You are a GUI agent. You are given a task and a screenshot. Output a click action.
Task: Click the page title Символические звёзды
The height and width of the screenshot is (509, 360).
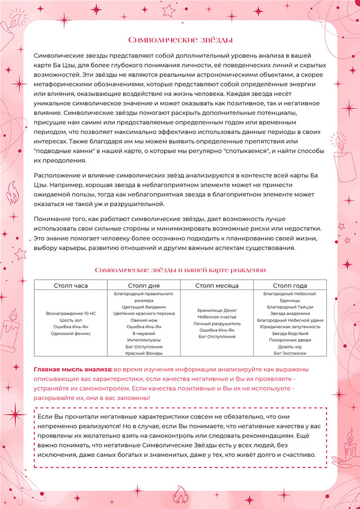(x=180, y=39)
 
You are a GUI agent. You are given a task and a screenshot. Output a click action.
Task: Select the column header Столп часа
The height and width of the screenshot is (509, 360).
(x=71, y=285)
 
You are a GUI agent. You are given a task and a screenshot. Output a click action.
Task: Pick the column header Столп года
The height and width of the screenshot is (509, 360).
(x=290, y=285)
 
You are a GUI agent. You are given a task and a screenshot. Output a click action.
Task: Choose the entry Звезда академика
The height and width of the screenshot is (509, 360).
(x=290, y=313)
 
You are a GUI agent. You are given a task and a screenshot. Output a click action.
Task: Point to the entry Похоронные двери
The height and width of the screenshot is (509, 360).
(x=290, y=340)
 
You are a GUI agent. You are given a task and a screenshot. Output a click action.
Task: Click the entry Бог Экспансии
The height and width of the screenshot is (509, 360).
(x=290, y=352)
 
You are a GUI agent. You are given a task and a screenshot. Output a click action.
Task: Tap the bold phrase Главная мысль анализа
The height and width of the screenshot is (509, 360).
(x=73, y=369)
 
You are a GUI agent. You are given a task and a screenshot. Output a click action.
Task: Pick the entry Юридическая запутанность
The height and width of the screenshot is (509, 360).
(x=290, y=326)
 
